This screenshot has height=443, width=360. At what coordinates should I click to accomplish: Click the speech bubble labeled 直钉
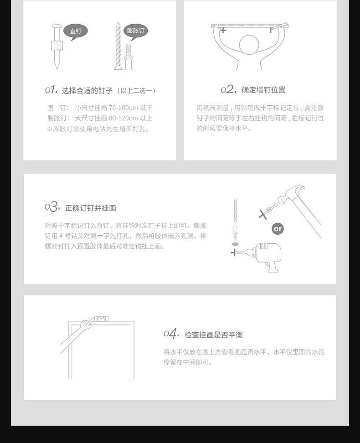[x=75, y=31]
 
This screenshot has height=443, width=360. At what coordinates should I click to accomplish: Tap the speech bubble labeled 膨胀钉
[x=135, y=31]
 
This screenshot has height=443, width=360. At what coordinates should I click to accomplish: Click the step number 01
[x=51, y=89]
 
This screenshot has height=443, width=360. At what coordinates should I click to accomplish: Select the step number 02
[x=228, y=89]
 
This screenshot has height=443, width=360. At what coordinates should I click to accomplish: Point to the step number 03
[x=52, y=207]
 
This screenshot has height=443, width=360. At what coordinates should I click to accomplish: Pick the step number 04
[x=171, y=334]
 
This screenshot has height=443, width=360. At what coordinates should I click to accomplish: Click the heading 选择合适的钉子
[x=87, y=90]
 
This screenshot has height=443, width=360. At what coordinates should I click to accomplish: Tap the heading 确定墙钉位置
[x=263, y=90]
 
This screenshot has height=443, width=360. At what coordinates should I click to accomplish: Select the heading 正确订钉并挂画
[x=91, y=208]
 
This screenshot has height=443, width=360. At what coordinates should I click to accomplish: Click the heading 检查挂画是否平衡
[x=214, y=335]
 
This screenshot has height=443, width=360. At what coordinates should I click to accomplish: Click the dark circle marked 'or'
[x=278, y=228]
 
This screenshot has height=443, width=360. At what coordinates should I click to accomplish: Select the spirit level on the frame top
[x=101, y=319]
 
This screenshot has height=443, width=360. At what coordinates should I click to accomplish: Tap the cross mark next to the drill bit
[x=234, y=252]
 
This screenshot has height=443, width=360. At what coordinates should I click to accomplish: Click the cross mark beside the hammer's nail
[x=262, y=214]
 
